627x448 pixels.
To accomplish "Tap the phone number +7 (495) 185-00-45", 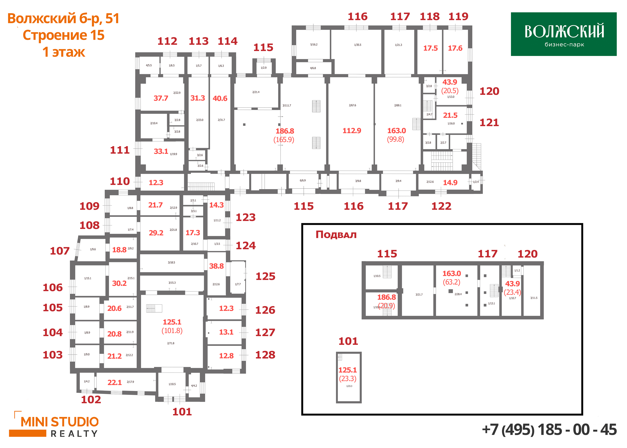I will tap(549, 430).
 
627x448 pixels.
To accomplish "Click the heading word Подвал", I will tap(336, 235).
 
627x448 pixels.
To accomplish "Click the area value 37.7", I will tap(161, 98).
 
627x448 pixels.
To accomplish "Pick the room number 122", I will tap(441, 206).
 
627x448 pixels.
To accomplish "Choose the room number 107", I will tap(60, 251).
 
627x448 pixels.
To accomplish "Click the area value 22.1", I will tap(115, 383).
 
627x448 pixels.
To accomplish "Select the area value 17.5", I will tap(430, 48).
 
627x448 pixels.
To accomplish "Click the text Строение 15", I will tap(63, 35).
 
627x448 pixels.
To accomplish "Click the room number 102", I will tap(91, 400).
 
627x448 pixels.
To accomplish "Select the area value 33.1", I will tap(161, 151).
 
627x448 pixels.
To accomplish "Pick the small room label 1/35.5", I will tap(357, 45).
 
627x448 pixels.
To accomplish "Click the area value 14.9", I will tap(450, 183).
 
